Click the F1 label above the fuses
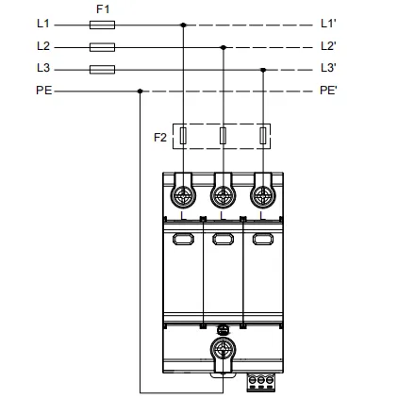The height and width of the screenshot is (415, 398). point(103,9)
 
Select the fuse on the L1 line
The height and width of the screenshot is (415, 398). point(102,25)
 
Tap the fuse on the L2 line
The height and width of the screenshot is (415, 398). point(102,47)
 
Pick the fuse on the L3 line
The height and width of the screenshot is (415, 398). point(102,70)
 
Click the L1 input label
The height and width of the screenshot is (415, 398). point(43,24)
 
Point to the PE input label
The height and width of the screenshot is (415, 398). point(44,91)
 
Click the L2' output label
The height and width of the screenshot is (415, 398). point(328,46)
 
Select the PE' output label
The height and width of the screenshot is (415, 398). point(328,91)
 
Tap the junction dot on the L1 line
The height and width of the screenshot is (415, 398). point(183,25)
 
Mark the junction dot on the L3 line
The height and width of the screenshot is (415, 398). point(263,70)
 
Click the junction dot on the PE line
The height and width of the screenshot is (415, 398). point(141,91)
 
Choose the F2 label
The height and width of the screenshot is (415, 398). point(160,138)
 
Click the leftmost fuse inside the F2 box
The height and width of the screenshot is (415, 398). point(183,136)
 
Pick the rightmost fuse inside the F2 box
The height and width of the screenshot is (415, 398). point(263,136)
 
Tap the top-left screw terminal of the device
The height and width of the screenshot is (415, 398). point(183,196)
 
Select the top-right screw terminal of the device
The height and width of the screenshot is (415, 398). point(263,196)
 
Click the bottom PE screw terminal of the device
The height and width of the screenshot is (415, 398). point(223,349)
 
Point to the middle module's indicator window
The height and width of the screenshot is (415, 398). point(223,239)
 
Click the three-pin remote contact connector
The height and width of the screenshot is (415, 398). point(260,382)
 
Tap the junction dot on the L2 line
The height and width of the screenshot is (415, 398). point(224,47)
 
